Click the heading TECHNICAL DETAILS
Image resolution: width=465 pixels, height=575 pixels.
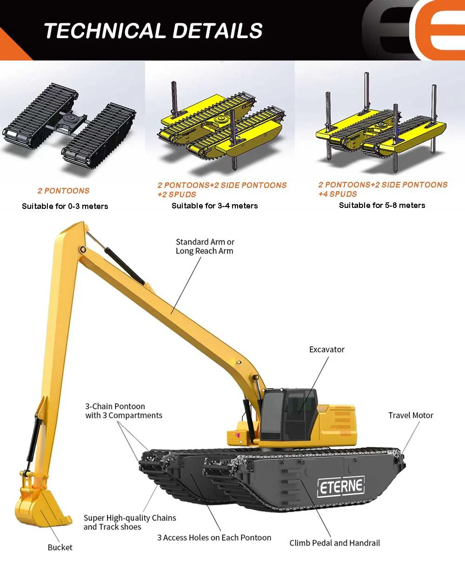pos(153,31)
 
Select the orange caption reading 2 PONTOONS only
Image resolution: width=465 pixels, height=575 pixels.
pos(64,191)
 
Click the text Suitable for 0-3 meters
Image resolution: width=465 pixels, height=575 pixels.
pos(65,206)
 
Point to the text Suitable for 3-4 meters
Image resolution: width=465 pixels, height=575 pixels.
pos(214,206)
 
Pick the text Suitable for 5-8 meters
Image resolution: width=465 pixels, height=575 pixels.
pos(382,205)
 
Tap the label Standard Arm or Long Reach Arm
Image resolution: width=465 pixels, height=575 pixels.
pos(205,247)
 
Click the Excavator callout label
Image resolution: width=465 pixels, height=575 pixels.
pos(327,349)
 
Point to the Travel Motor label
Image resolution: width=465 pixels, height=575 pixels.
pos(411,415)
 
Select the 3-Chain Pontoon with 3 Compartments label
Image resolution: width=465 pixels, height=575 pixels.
pos(124,411)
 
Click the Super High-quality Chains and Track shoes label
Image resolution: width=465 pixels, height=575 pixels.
pos(130,522)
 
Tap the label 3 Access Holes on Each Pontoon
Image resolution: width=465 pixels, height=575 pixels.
pos(214,538)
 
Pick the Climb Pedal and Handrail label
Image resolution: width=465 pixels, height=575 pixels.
pos(334,543)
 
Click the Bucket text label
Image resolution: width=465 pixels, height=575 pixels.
pos(60,548)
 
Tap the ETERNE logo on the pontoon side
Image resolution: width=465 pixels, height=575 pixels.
pos(341,487)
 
